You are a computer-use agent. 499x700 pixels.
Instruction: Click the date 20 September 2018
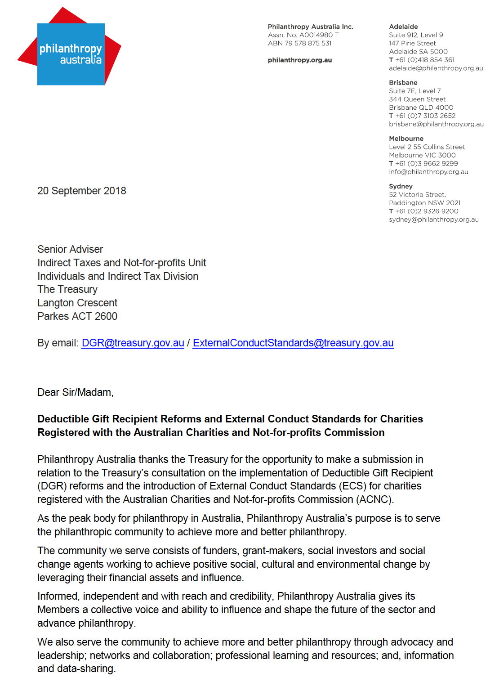81,191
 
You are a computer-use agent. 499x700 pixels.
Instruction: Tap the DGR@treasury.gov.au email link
133,343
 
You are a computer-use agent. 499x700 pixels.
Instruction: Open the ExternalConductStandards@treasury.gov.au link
293,343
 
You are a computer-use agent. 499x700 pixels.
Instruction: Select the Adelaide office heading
403,27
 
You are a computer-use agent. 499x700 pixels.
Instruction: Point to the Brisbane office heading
403,82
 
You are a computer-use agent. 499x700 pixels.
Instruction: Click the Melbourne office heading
406,139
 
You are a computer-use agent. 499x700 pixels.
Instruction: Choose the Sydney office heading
401,186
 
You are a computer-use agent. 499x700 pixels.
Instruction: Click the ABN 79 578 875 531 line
299,43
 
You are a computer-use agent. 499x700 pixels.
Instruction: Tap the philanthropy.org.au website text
299,60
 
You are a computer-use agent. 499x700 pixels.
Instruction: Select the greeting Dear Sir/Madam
75,392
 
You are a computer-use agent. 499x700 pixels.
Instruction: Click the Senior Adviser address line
70,249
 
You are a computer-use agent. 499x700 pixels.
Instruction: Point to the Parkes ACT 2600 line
77,316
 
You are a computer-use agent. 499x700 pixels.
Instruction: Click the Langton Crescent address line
77,303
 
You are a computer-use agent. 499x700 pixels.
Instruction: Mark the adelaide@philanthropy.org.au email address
436,68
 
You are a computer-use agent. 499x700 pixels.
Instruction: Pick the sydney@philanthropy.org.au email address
433,220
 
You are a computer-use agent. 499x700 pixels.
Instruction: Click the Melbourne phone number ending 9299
426,163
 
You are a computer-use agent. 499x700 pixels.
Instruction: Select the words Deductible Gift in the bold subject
74,419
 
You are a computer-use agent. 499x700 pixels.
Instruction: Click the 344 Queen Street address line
417,99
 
